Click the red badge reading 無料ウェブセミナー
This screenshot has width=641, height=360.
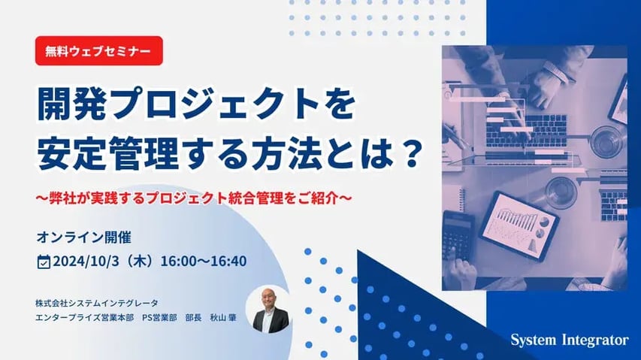[98, 51]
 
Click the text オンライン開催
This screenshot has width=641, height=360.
[84, 237]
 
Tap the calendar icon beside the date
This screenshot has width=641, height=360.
[44, 262]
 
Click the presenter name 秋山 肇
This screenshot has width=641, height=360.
[223, 318]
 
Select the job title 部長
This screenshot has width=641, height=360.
[195, 318]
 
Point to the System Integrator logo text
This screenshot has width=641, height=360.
[569, 340]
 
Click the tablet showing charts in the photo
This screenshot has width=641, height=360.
[519, 225]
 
